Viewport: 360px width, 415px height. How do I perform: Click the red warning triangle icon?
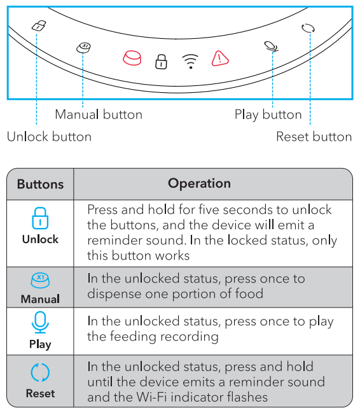point(220,58)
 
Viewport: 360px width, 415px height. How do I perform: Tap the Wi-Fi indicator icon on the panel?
point(190,61)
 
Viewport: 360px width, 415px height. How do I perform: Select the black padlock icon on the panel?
point(161,62)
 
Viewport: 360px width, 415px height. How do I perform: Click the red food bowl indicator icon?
point(132,58)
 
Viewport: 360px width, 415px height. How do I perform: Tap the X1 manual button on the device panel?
point(83,48)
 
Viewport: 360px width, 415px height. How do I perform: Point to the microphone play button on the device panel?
point(272,47)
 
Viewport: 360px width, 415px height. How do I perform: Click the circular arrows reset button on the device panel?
point(308,28)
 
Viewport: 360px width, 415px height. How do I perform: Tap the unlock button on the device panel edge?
point(39,25)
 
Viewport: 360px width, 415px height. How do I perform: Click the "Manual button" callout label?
point(99,115)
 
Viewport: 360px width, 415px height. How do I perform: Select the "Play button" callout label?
point(268,115)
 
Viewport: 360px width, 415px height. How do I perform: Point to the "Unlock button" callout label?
point(49,137)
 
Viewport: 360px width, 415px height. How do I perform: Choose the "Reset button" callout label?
point(314,137)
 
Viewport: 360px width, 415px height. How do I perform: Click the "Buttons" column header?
point(41,184)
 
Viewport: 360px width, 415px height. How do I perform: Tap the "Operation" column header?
point(200,184)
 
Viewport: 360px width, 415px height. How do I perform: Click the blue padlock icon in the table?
point(40,218)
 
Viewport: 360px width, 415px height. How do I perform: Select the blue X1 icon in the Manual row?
point(40,280)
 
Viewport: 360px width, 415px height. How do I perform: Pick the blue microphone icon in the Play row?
point(40,322)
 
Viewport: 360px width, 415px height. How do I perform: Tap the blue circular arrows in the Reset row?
point(40,372)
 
